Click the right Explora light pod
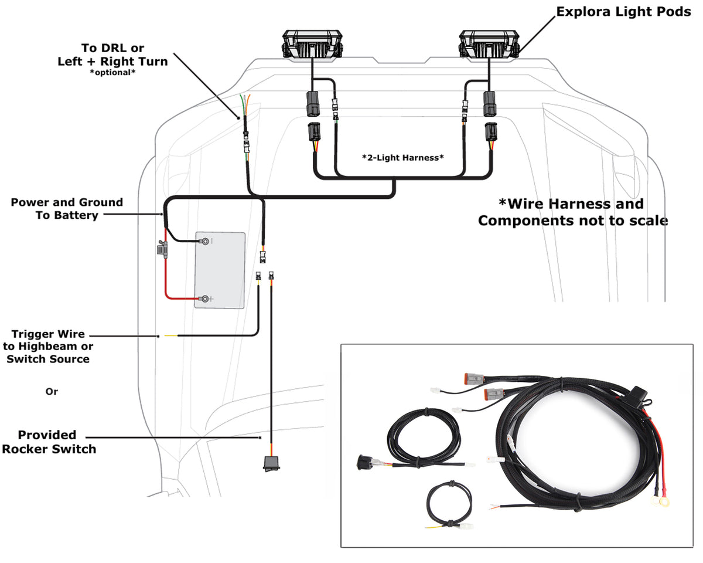coord(488,45)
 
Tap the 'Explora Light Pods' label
coord(623,12)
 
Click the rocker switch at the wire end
coord(271,463)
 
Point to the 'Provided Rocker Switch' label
coord(48,442)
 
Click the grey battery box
coord(220,270)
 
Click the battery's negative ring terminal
coord(206,240)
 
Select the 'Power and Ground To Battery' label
coord(67,209)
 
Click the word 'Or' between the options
coord(52,391)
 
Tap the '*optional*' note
coord(112,72)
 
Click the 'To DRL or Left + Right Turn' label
coord(112,54)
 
